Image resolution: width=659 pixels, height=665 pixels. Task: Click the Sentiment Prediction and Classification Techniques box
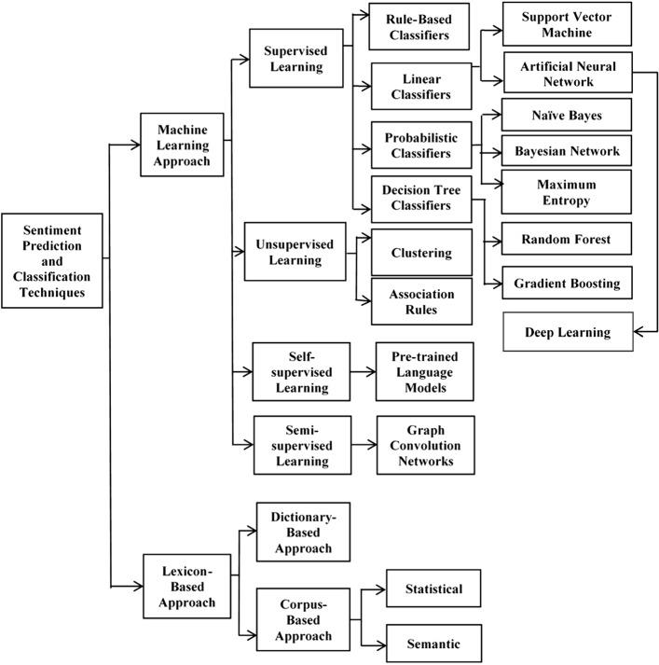(51, 258)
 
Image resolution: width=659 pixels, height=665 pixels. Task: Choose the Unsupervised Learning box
(288, 252)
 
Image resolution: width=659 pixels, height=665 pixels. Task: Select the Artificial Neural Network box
(568, 74)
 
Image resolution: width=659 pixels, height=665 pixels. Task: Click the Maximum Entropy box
(568, 192)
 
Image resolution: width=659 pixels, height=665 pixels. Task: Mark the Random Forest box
(568, 240)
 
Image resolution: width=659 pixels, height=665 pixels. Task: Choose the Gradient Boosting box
(568, 282)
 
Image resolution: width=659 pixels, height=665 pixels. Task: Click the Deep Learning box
(568, 331)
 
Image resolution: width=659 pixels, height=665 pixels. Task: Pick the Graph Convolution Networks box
(424, 445)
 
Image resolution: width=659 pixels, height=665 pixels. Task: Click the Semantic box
(432, 644)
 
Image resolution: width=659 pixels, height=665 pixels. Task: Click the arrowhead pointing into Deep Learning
(638, 331)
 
